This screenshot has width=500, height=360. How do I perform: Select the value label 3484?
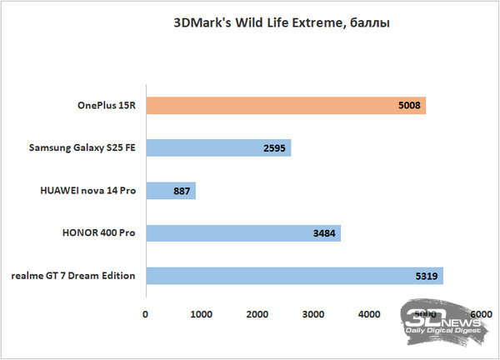tap(323, 233)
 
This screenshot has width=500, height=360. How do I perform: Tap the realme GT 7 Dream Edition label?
tap(73, 276)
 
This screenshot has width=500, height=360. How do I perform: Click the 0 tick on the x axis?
tap(146, 313)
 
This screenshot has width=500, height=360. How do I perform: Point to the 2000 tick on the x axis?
tap(257, 313)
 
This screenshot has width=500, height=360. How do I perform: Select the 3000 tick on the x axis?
tap(313, 313)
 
